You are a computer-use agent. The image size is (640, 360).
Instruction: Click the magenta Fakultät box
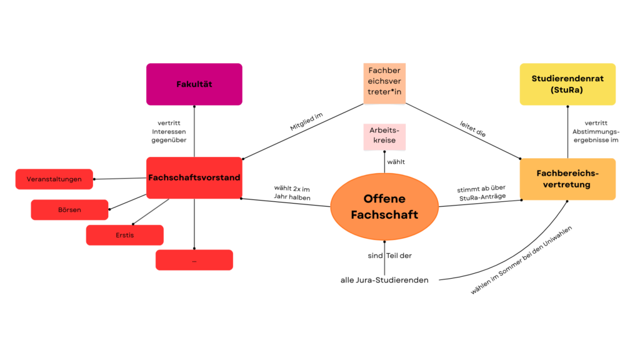[x=194, y=84]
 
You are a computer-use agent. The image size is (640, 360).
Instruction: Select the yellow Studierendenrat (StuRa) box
[x=567, y=84]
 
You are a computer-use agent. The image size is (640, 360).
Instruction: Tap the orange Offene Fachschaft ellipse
[x=384, y=206]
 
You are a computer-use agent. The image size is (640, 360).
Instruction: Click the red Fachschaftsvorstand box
[x=194, y=177]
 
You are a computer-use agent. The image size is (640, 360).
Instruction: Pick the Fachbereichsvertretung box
[x=567, y=179]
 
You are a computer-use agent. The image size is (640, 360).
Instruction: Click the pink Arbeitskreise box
[x=384, y=137]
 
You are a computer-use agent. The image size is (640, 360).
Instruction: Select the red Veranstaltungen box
[x=54, y=179]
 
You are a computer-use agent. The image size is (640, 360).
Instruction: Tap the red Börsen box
[x=69, y=210]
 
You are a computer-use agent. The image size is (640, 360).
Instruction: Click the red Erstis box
[x=124, y=235]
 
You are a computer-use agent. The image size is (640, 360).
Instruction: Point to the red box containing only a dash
[x=194, y=260]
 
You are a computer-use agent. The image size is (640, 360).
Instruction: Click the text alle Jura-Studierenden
[x=384, y=280]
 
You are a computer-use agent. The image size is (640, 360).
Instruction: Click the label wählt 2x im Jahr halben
[x=291, y=192]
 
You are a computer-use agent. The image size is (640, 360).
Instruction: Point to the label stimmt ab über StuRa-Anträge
[x=481, y=192]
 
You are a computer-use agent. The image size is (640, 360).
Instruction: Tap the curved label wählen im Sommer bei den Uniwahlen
[x=521, y=261]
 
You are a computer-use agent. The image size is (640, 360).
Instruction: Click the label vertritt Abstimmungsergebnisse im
[x=596, y=132]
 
